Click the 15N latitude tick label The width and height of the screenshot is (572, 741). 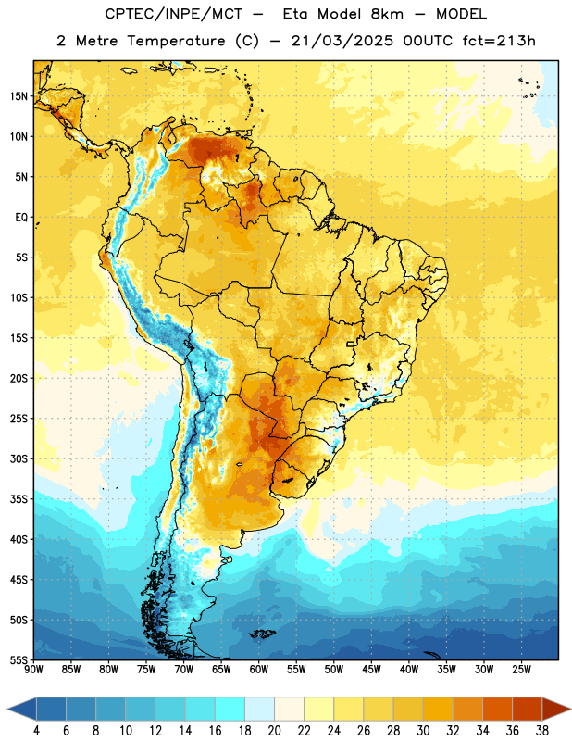pos(19,96)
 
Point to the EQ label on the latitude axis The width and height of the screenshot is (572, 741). pos(21,218)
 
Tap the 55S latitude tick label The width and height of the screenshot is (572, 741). pos(19,659)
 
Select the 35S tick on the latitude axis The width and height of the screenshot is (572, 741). pos(19,499)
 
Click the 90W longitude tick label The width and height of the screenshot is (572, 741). pos(33,670)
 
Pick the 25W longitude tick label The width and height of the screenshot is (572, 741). pos(521,670)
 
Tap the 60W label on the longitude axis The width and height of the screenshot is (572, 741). pos(259,670)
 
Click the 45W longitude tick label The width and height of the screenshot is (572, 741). pos(371,670)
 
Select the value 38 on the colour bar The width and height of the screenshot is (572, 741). pos(541,731)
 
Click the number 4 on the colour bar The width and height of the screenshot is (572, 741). pos(36,731)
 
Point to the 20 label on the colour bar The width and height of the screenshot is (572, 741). pos(274,731)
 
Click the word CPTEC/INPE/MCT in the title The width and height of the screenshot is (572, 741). pos(173,14)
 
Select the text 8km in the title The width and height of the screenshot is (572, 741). pos(387,14)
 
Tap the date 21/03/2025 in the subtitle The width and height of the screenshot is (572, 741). pos(342,41)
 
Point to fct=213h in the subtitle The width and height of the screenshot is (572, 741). pos(499,41)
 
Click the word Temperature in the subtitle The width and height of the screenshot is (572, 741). pos(176,42)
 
